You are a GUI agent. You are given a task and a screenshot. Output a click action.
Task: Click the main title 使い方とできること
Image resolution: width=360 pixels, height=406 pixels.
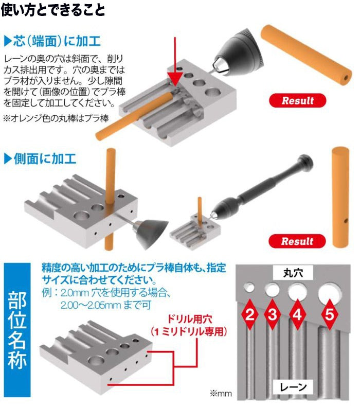(x=53, y=10)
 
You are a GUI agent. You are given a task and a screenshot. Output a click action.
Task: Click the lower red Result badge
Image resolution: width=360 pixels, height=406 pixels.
(x=298, y=241)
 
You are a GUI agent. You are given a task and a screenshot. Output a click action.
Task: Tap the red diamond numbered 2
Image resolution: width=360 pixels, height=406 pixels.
(x=250, y=314)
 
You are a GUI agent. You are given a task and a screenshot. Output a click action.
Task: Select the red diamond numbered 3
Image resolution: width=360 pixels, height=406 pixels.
(x=273, y=314)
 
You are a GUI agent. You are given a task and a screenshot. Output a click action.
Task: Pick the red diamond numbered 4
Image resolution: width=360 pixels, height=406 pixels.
(x=298, y=314)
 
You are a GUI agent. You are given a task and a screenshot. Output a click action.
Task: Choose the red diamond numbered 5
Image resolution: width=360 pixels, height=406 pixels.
(x=330, y=314)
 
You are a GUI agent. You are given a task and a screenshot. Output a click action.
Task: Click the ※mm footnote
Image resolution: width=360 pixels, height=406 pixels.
(x=221, y=394)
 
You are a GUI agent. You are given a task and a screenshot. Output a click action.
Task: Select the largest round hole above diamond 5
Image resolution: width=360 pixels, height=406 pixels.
(x=330, y=292)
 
